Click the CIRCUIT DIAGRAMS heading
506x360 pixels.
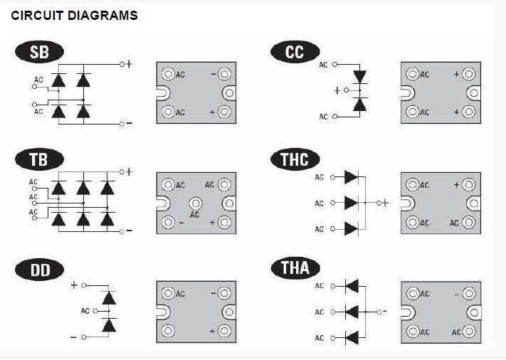pos(74,15)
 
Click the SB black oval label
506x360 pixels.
pos(39,52)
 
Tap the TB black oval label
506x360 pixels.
pos(39,159)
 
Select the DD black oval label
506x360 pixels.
pos(39,269)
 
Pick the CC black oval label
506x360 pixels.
pos(294,52)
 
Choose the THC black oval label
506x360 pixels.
pos(295,159)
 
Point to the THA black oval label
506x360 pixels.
pos(295,269)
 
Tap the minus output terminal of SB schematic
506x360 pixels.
pos(122,124)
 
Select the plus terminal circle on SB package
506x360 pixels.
pos(225,112)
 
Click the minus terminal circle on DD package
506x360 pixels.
pos(225,292)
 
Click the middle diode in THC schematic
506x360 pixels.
pos(350,203)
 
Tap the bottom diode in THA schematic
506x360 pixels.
pos(350,337)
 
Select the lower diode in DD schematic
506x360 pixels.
pos(108,325)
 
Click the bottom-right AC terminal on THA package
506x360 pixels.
pos(469,332)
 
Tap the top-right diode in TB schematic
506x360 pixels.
pos(107,189)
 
